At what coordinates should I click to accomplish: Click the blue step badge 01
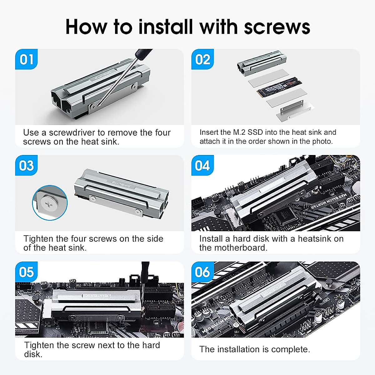[x=26, y=59]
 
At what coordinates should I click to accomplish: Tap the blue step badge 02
[x=202, y=59]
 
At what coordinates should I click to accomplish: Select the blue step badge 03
[x=26, y=165]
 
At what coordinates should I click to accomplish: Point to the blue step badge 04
[x=202, y=165]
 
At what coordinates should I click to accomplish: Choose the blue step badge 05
[x=26, y=272]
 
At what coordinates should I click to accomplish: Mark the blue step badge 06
[x=202, y=272]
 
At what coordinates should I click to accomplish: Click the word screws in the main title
[x=277, y=27]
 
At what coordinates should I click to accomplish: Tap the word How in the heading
[x=86, y=27]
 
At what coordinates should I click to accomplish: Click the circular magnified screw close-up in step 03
[x=50, y=202]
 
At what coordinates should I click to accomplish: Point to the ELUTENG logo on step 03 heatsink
[x=121, y=184]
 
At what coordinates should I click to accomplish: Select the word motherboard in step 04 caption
[x=241, y=248]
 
